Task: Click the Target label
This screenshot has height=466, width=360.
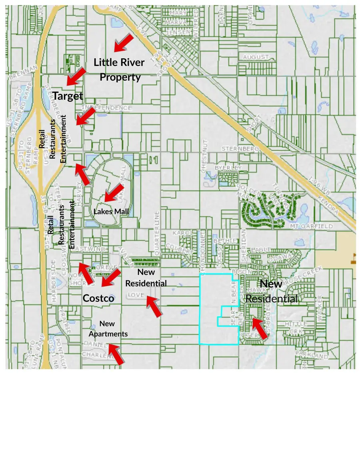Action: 68,96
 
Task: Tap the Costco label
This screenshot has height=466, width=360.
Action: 98,298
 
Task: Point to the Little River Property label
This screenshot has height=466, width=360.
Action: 119,70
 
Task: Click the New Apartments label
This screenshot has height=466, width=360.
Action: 108,328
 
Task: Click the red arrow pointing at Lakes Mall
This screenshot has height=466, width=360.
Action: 114,193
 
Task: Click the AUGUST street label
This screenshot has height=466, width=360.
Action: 256,57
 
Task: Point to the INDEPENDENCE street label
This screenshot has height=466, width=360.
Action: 107,108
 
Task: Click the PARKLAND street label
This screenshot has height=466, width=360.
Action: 312,355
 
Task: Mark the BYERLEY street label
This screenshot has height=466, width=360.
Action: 228,168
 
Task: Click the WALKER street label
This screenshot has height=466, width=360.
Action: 319,308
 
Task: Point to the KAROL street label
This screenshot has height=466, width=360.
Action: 182,233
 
